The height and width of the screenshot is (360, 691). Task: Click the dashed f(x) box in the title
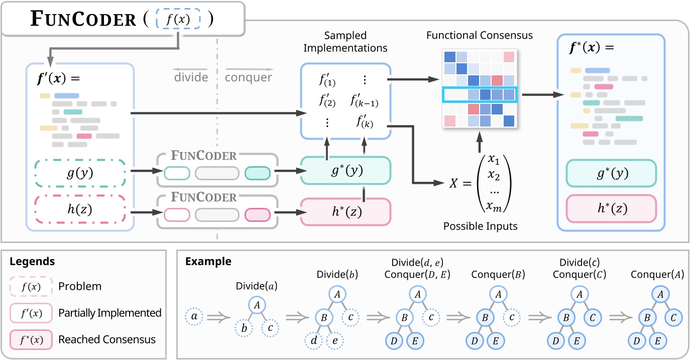178,20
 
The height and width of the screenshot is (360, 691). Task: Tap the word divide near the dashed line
191,77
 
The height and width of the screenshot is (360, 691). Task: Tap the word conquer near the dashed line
248,77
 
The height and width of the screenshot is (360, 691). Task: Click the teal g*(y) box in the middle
345,171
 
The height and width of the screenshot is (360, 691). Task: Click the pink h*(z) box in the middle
345,212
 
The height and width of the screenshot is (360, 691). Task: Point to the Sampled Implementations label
345,42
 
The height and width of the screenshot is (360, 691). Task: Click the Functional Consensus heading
479,36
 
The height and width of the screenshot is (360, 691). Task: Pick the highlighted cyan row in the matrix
479,95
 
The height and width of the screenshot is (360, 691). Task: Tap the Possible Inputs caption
480,227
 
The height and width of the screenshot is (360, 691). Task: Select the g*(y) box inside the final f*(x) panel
611,174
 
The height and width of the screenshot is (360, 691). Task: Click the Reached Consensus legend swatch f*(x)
32,339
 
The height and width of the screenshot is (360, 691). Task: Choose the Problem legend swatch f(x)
32,287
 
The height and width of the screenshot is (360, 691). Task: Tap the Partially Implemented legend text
109,313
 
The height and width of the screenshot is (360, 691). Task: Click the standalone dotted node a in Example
194,317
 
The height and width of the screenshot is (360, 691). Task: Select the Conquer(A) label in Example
657,275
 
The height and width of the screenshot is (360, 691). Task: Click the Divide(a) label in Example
256,286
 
